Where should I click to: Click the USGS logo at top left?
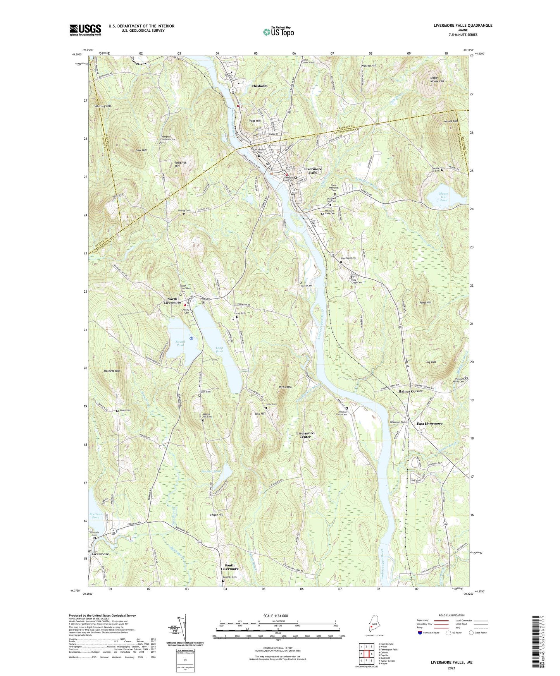(x=85, y=30)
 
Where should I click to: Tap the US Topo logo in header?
(x=278, y=32)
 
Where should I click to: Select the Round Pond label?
(x=180, y=343)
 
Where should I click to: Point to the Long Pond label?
(x=219, y=349)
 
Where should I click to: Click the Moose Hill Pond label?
(x=444, y=197)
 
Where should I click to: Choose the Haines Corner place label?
(x=410, y=391)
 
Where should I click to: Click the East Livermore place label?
(x=429, y=424)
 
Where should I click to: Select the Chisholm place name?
(x=259, y=86)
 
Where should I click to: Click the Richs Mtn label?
(x=285, y=387)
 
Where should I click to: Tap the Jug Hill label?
(x=431, y=362)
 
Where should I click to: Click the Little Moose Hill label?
(x=437, y=79)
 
